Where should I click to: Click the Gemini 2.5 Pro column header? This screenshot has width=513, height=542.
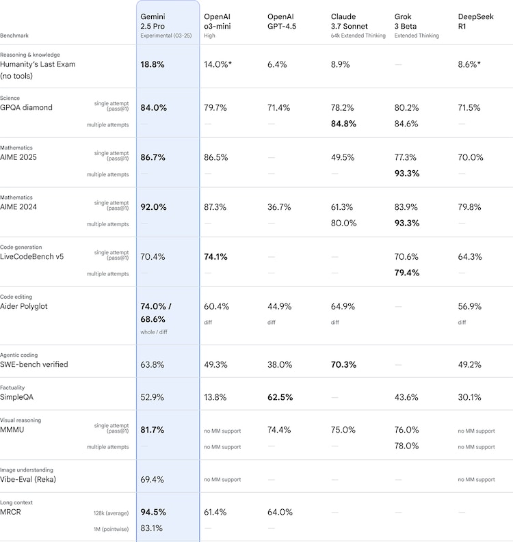point(153,21)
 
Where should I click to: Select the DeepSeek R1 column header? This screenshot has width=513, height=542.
point(471,21)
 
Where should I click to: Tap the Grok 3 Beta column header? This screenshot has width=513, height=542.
point(408,21)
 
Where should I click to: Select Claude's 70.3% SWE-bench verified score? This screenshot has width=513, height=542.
point(343,364)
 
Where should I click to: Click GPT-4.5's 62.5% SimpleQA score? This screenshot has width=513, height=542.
point(280,397)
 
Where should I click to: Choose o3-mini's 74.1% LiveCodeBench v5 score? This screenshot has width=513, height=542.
point(216,257)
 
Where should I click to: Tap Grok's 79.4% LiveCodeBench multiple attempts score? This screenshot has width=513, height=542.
point(407,273)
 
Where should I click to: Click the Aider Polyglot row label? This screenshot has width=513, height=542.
point(29,306)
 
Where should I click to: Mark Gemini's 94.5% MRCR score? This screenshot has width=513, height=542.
point(153,512)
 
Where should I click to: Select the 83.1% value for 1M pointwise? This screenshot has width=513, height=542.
point(152,528)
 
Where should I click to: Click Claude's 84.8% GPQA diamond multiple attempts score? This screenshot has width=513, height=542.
point(343,124)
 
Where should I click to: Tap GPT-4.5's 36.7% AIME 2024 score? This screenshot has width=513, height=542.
point(279,207)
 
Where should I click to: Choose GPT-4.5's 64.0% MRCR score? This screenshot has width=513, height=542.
point(279,512)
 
